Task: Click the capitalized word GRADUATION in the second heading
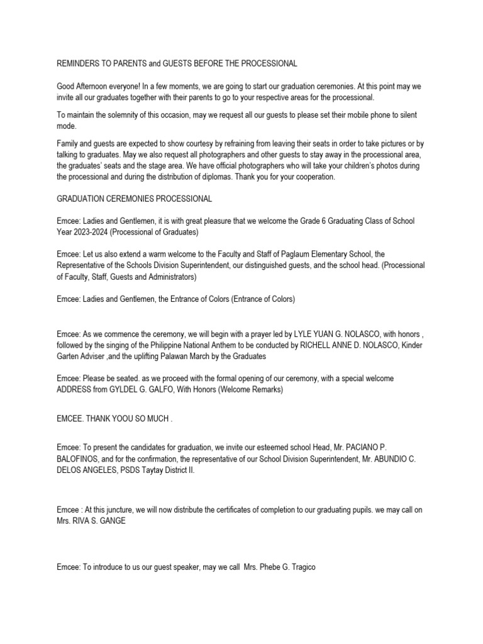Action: click(x=84, y=199)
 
